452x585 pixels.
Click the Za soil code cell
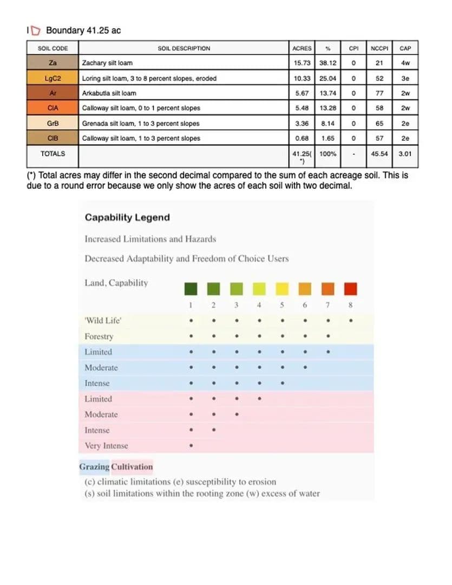coord(53,63)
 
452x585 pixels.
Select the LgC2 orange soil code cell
coord(53,78)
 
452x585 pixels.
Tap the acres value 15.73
coord(302,63)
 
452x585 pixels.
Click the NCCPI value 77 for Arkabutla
coord(379,93)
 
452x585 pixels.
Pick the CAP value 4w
coord(405,63)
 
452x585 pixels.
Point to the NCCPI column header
coord(379,48)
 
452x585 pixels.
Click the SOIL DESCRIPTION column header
coord(184,48)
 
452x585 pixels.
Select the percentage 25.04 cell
coord(327,78)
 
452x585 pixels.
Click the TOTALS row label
coord(53,154)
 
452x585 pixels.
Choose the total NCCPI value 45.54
coord(379,154)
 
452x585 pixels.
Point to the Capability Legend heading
coord(127,217)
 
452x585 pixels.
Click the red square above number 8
coord(351,288)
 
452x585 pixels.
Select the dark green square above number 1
coord(191,288)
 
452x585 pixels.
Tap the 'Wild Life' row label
coord(103,321)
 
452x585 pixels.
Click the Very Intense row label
coord(106,446)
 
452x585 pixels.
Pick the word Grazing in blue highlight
coord(94,466)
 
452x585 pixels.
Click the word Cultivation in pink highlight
coord(132,466)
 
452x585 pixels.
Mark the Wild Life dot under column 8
coord(351,321)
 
